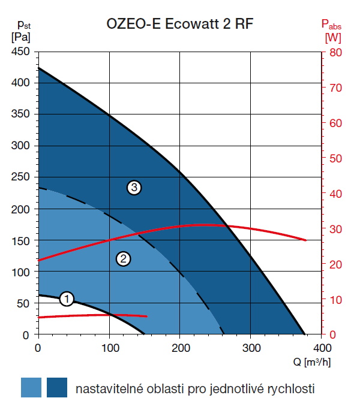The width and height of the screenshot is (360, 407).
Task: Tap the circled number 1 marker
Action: coord(67,298)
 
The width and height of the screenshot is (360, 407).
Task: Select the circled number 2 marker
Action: coord(123,259)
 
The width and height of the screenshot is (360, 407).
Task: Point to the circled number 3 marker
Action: coord(134,188)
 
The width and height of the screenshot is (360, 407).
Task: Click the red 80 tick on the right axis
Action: coord(335,52)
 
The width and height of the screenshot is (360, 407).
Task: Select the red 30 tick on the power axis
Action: coord(335,229)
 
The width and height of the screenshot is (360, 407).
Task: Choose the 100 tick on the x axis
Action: coord(109,348)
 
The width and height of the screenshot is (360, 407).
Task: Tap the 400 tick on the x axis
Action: coord(322,348)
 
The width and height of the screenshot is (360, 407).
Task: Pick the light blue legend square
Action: coord(31,387)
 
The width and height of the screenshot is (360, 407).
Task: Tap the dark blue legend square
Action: coord(57,387)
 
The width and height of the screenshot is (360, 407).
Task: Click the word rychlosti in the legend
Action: coord(290,388)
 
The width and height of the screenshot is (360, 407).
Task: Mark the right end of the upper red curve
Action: coord(306,240)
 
